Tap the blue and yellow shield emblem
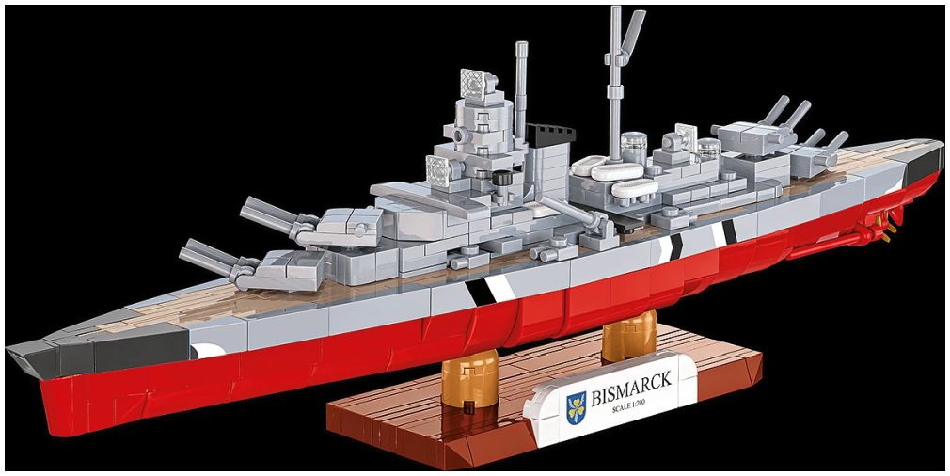577,407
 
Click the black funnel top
550,133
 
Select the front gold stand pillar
469,377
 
